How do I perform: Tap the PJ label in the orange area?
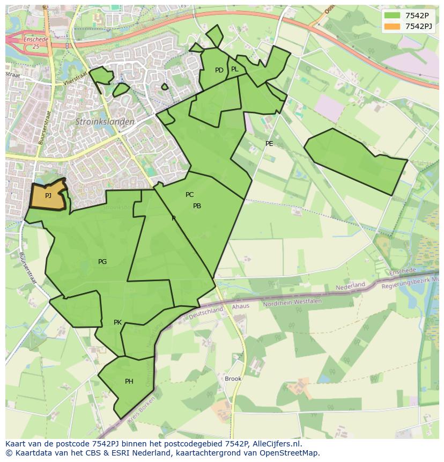(x=48, y=196)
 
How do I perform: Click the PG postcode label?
(x=102, y=262)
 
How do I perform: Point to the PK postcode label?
(x=117, y=322)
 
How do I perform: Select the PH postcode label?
(x=129, y=382)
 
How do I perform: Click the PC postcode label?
(x=189, y=195)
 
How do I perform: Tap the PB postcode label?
(x=197, y=206)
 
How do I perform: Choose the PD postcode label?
(x=219, y=70)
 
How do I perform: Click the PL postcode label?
(x=234, y=69)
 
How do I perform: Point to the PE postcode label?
(x=269, y=144)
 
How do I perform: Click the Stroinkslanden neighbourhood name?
(x=105, y=122)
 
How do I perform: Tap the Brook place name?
(x=233, y=378)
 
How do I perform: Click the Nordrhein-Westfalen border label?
(x=292, y=302)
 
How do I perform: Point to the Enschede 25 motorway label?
(x=35, y=43)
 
